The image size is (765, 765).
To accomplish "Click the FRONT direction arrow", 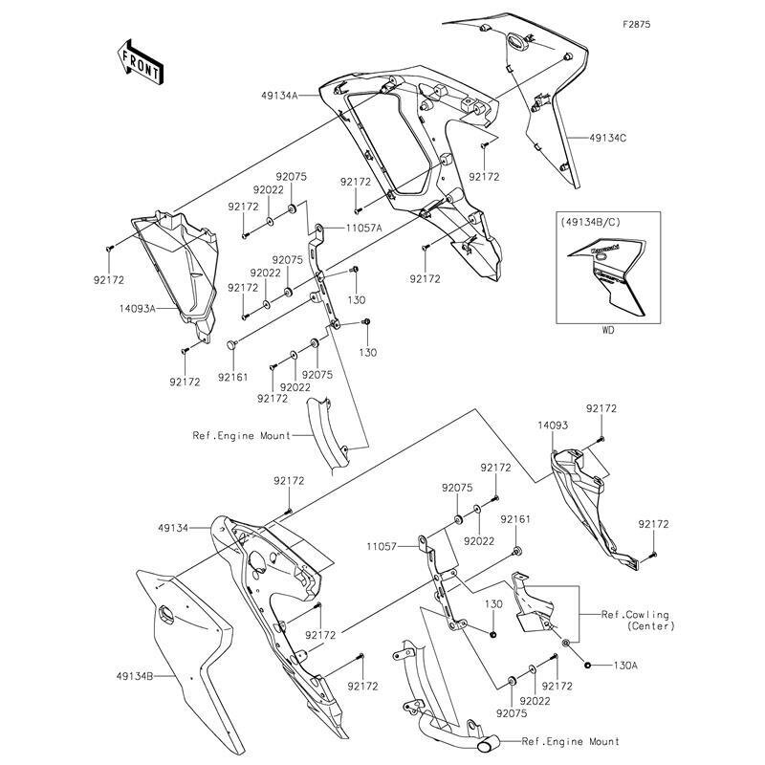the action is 140,62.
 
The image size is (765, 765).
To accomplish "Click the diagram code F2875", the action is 636,25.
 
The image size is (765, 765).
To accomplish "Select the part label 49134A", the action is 279,96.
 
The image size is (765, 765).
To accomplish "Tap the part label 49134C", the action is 608,138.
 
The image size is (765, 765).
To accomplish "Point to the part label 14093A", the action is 137,308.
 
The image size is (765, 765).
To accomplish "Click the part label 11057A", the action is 364,228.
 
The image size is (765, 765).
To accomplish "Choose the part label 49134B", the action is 135,676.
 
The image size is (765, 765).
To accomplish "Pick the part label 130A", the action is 625,665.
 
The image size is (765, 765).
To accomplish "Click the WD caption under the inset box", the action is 608,330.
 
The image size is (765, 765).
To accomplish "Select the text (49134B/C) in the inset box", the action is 590,222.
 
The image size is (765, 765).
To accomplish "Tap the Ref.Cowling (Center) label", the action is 638,620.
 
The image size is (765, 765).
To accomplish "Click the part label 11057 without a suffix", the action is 382,547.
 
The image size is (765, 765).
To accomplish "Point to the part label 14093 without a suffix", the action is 553,426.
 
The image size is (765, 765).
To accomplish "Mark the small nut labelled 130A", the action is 587,665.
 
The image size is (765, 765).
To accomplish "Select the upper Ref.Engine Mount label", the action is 242,435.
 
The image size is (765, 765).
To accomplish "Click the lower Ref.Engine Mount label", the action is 570,742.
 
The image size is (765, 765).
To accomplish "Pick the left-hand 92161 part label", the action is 232,377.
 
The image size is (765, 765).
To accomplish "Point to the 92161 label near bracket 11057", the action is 515,519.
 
